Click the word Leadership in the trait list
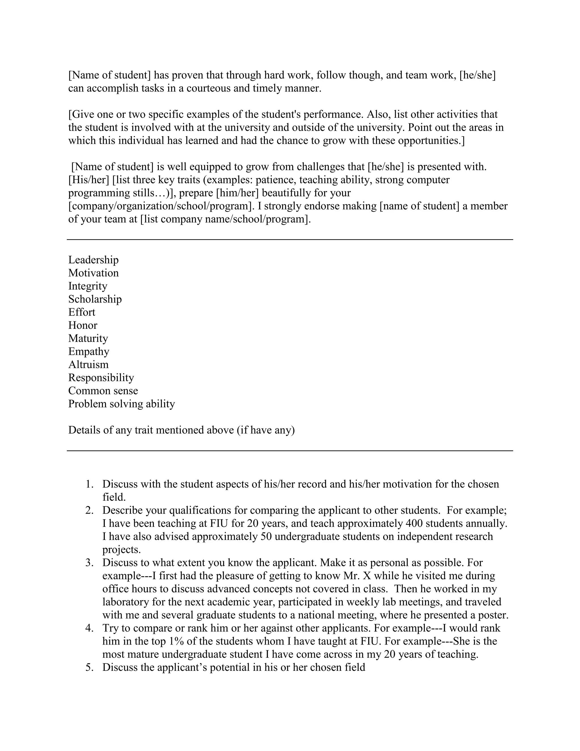pyautogui.click(x=93, y=260)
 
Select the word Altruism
pyautogui.click(x=88, y=364)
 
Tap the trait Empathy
pyautogui.click(x=89, y=351)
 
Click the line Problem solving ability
pyautogui.click(x=121, y=404)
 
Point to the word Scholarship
pyautogui.click(x=95, y=299)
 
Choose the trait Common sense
pyautogui.click(x=103, y=391)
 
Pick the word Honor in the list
pyautogui.click(x=83, y=325)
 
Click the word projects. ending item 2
pyautogui.click(x=121, y=550)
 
